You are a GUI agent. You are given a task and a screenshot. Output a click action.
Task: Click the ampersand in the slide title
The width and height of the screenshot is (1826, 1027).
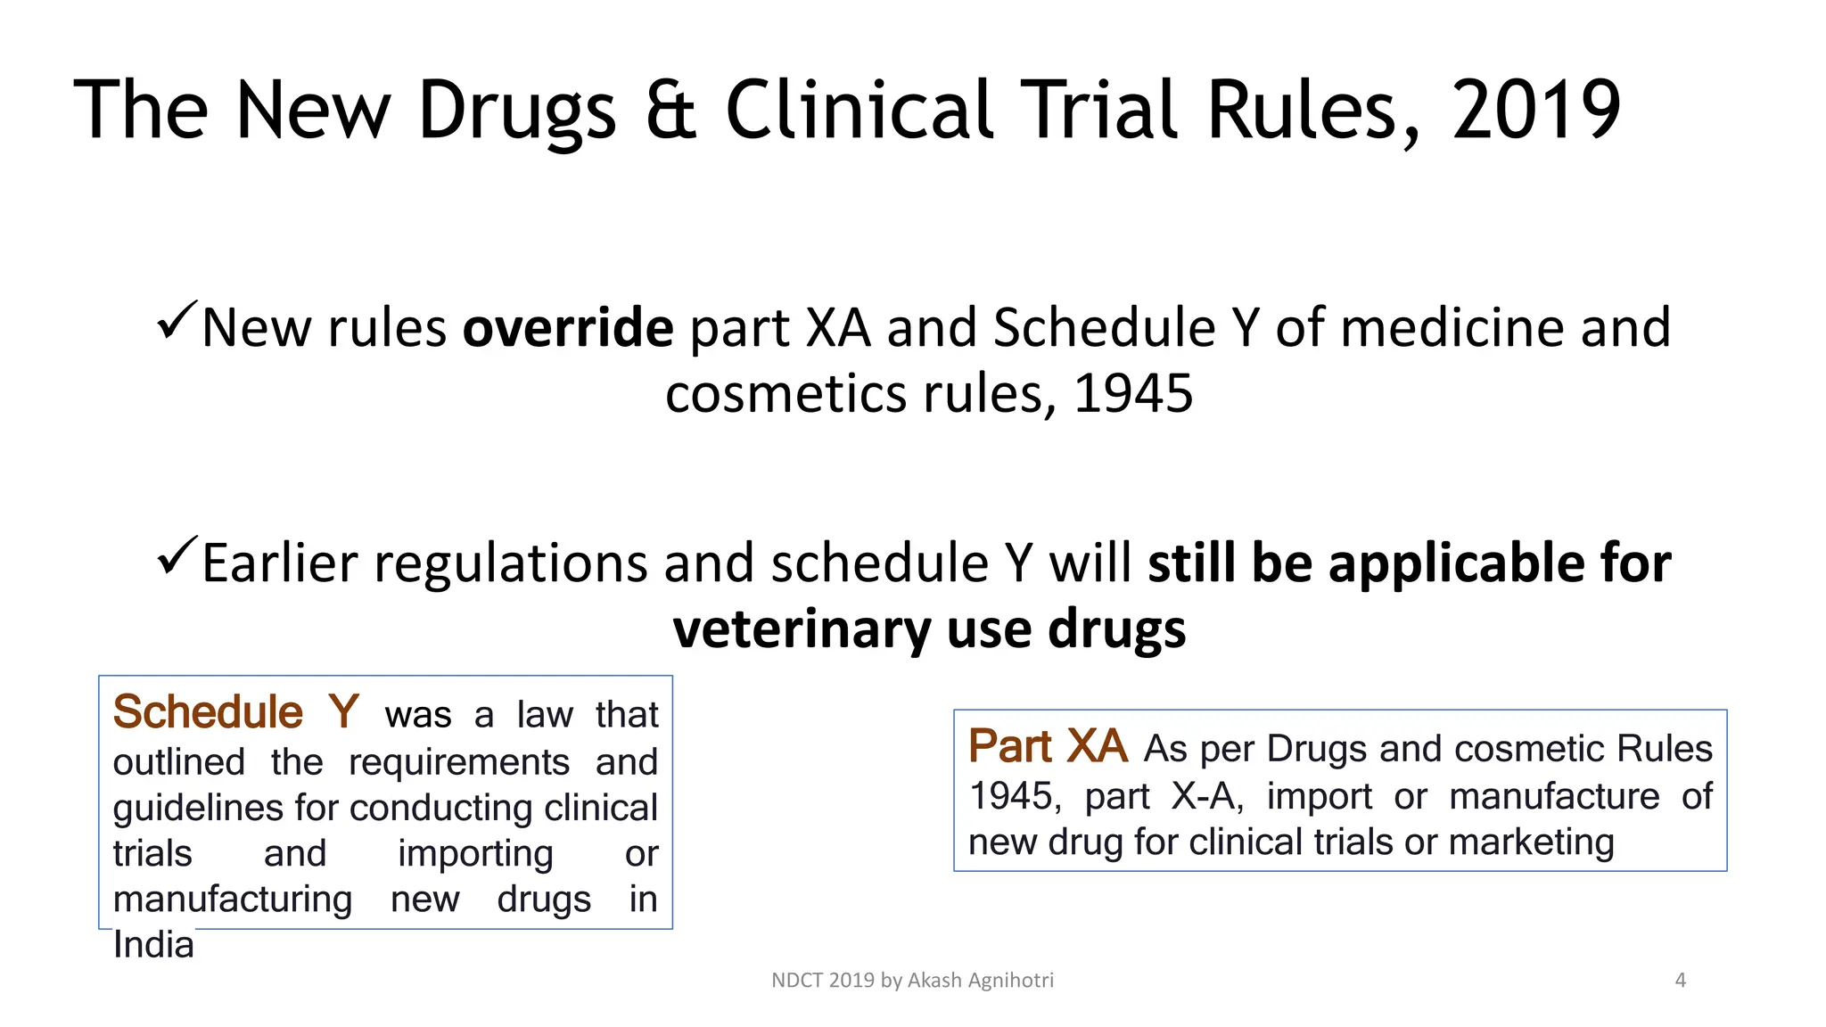(x=670, y=111)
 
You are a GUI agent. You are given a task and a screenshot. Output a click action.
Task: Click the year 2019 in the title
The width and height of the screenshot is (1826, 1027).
(x=1535, y=111)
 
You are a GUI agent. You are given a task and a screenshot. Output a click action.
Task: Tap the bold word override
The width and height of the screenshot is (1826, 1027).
(x=568, y=328)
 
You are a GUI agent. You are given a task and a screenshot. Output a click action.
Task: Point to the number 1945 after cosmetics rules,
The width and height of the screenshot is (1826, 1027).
(x=1132, y=393)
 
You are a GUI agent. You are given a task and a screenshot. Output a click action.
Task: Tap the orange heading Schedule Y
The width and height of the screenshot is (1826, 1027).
(x=236, y=712)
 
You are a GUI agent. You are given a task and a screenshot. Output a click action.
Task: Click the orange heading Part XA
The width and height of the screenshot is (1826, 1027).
(x=1048, y=746)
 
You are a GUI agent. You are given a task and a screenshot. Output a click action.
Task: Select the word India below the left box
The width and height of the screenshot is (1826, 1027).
(x=153, y=945)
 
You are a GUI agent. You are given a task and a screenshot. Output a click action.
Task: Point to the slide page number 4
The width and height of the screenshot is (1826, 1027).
(x=1681, y=981)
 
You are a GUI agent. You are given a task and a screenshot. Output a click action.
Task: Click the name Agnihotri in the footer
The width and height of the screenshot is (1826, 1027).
(x=1011, y=981)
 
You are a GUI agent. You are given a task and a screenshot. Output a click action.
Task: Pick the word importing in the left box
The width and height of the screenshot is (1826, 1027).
(x=475, y=854)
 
